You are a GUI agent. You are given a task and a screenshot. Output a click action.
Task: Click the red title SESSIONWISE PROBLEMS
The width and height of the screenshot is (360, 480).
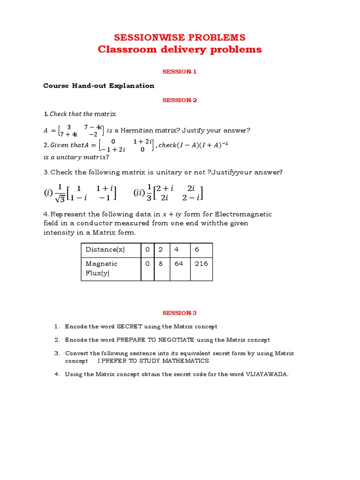(180, 37)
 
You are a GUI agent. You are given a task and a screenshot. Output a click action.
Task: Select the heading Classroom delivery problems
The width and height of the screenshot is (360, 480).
(180, 50)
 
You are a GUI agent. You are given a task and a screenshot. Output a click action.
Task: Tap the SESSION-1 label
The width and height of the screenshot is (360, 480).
(180, 72)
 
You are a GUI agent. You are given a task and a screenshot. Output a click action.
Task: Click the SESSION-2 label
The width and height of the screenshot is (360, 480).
(180, 100)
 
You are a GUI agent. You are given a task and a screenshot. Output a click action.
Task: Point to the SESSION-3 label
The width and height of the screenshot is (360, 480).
(180, 313)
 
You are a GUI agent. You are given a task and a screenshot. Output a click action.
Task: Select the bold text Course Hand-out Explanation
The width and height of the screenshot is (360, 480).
(98, 86)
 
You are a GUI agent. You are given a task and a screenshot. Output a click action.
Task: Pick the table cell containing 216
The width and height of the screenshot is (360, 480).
(201, 263)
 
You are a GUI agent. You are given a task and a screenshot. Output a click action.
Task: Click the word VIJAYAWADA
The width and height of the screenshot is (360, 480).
(267, 374)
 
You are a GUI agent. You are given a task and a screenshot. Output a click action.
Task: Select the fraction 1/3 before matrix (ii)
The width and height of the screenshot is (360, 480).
(150, 193)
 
